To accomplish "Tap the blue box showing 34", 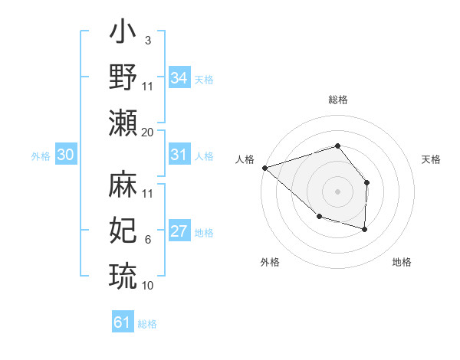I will (179, 78).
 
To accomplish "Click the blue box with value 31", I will (179, 155).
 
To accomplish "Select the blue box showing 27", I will (179, 232).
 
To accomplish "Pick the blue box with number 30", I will (65, 155).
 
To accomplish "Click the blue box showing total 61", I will (122, 322).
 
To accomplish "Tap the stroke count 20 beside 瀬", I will (148, 132).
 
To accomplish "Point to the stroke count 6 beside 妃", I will (148, 240).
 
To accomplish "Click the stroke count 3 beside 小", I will (148, 40).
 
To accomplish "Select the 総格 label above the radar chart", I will (337, 100).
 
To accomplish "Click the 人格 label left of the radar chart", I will (245, 159).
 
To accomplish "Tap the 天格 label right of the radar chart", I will (432, 159).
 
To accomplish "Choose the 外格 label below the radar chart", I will (270, 262).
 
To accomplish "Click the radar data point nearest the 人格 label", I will (264, 167).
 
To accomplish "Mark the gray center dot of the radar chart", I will (337, 191).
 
